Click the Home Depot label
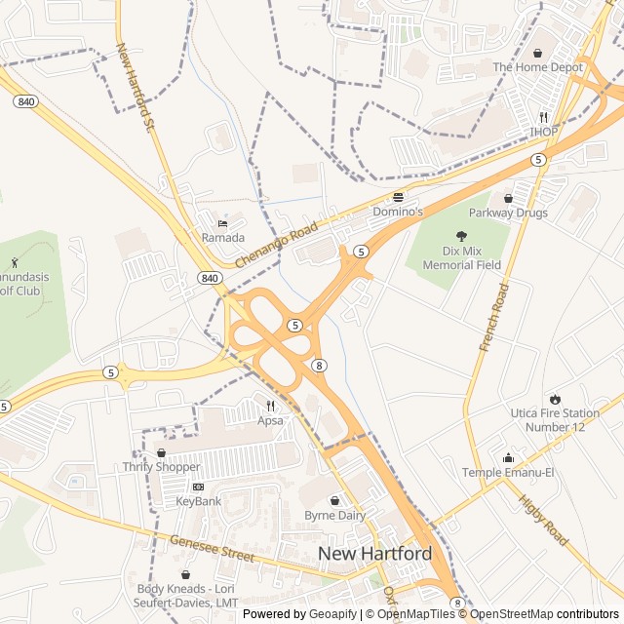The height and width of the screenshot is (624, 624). tap(537, 67)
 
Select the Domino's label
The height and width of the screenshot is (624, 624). tap(398, 211)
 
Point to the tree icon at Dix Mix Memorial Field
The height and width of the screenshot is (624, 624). tap(461, 235)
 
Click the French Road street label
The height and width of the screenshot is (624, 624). tap(494, 318)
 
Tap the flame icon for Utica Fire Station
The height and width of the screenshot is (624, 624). tap(555, 399)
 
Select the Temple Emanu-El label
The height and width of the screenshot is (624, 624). tap(507, 473)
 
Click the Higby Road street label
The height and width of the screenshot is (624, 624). tap(543, 521)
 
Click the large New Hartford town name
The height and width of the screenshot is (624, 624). tap(374, 554)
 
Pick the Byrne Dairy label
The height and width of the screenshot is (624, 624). tap(334, 515)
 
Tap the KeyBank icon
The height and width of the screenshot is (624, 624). tap(199, 487)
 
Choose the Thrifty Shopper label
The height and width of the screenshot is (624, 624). tap(161, 467)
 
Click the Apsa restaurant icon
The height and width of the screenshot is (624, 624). tap(270, 406)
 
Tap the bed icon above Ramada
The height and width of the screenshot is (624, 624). tap(223, 223)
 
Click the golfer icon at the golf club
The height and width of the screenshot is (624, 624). tap(14, 262)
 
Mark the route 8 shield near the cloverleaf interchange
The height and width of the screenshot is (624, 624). tap(319, 365)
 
